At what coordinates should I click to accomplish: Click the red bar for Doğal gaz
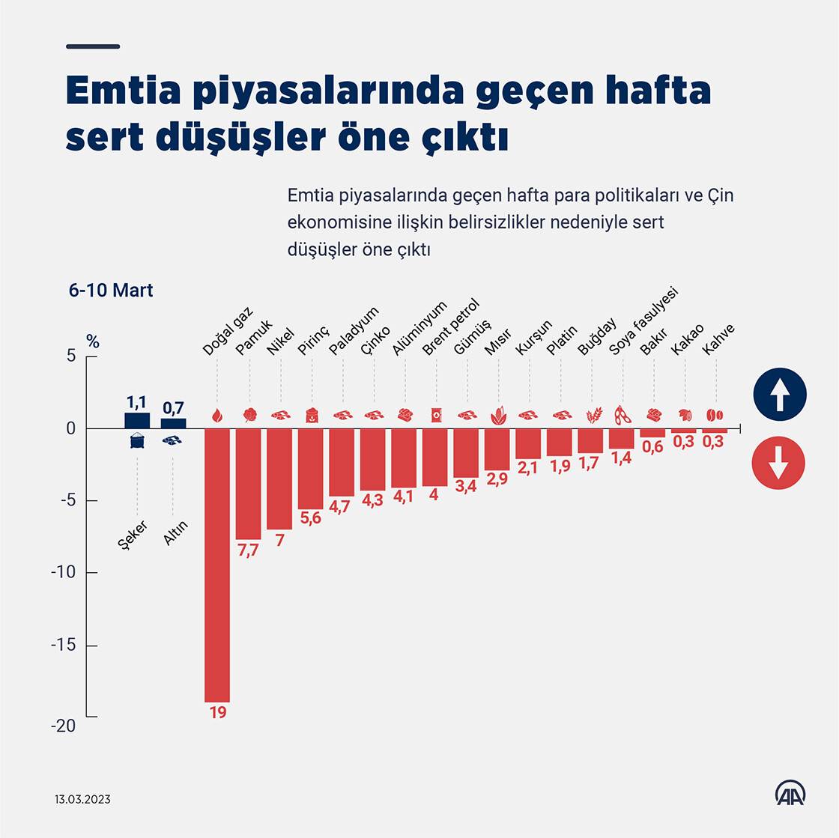(217, 565)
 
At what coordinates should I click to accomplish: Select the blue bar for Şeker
(137, 421)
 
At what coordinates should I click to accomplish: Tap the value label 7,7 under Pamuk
(248, 550)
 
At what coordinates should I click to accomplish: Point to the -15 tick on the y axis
(64, 646)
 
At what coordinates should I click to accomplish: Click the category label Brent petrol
(450, 327)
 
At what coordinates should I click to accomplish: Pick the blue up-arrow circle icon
(779, 394)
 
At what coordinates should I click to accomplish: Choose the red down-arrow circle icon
(779, 464)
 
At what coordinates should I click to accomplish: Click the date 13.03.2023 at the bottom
(82, 799)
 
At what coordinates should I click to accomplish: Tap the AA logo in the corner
(790, 794)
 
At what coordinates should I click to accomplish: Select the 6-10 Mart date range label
(111, 291)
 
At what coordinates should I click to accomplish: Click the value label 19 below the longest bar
(218, 712)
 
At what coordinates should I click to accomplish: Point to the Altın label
(175, 533)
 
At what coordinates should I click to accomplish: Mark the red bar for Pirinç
(310, 469)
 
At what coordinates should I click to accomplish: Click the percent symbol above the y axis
(92, 342)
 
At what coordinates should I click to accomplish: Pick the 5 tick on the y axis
(71, 356)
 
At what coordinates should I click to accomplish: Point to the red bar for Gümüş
(466, 453)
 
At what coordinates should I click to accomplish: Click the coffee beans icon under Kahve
(715, 414)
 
